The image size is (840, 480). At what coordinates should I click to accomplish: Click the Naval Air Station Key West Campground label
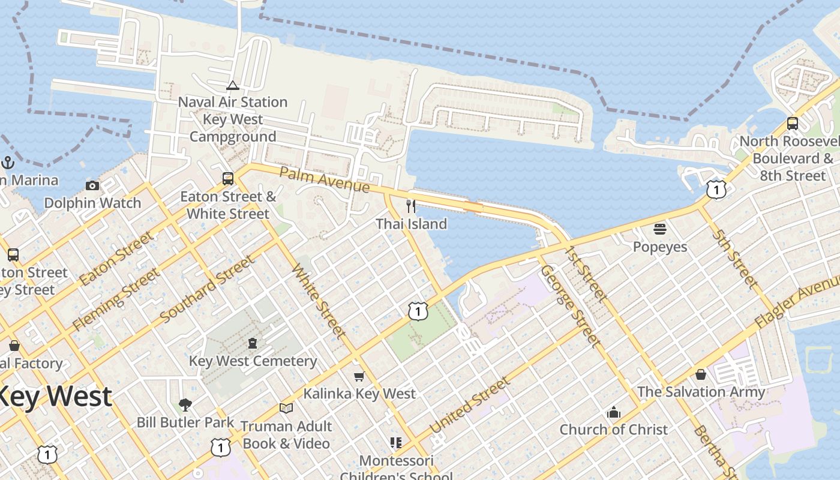coord(233,119)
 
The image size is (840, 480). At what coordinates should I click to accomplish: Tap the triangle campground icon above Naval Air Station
coord(233,85)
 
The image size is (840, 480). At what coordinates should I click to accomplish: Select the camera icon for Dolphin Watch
coord(92,185)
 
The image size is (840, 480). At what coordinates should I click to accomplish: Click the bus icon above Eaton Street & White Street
coord(228,179)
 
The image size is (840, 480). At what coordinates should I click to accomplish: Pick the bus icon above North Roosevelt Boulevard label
coord(793,124)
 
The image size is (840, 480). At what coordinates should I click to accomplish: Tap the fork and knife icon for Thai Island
coord(411,206)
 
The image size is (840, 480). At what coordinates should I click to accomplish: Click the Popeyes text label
coord(660,247)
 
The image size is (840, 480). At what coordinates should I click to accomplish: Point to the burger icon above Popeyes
coord(660,229)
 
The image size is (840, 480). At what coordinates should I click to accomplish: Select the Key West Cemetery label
coord(253,361)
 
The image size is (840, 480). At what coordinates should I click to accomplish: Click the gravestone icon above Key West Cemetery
coord(253,344)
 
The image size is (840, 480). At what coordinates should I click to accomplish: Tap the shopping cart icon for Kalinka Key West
coord(359,376)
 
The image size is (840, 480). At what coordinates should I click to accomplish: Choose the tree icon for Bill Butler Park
coord(185,405)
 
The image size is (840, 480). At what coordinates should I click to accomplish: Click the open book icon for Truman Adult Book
coord(286,409)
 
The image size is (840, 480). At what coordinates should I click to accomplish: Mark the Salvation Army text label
coord(701,392)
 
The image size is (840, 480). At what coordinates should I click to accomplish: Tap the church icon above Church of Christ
coord(613,412)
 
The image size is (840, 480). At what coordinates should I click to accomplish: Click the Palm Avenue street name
coord(325,181)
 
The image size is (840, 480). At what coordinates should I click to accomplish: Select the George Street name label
coord(570,306)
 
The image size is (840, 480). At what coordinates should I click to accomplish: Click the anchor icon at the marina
coord(8,163)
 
